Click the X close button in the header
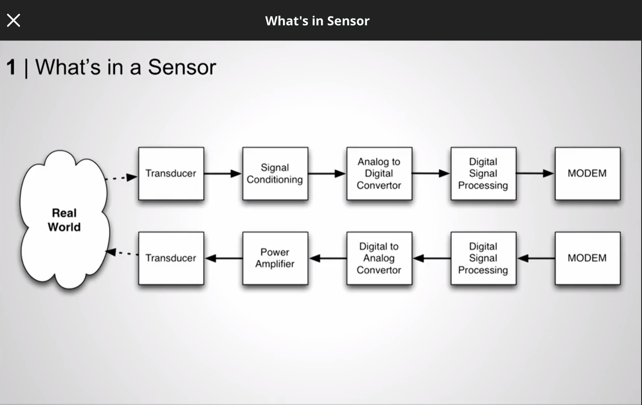(x=14, y=20)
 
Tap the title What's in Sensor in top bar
(x=317, y=21)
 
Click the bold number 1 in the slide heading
(x=11, y=67)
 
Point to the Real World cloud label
(x=64, y=220)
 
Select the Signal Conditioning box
(x=275, y=174)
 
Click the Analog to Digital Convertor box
(x=379, y=174)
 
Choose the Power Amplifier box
(x=275, y=258)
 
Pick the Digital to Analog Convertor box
(x=379, y=258)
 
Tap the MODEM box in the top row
(x=587, y=174)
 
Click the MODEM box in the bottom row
(x=587, y=258)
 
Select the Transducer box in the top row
(x=171, y=174)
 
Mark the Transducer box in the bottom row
(x=171, y=258)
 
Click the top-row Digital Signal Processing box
(x=483, y=174)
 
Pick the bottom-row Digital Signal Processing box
(x=483, y=258)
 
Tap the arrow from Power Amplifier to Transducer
(x=223, y=258)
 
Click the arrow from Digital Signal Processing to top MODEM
(x=535, y=173)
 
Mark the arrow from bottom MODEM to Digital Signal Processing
(x=536, y=258)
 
